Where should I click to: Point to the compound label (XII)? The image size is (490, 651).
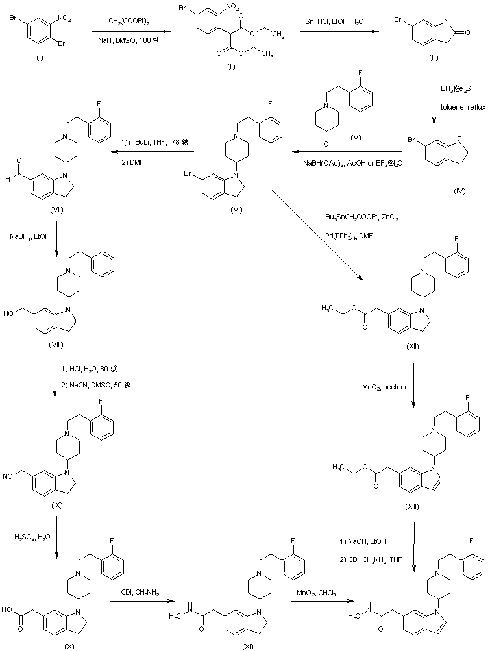(x=412, y=346)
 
